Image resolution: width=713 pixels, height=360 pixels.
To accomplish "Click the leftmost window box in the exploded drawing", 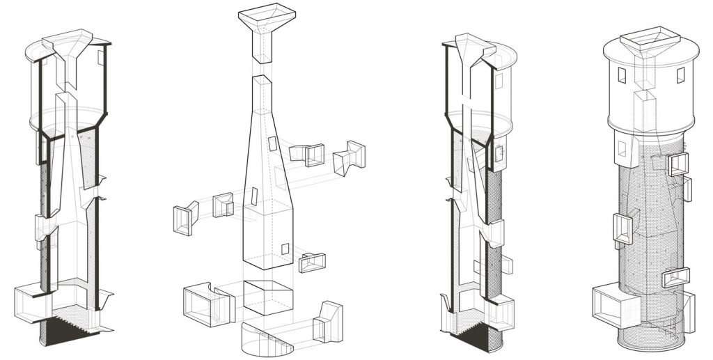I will (182, 217).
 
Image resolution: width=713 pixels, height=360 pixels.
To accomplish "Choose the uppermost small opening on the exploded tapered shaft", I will (272, 144).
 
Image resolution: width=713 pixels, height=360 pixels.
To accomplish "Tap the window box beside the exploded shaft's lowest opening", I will (313, 262).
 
